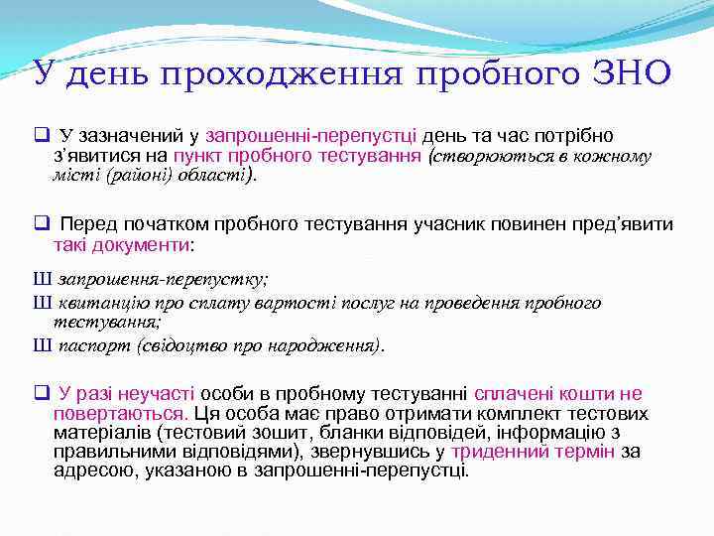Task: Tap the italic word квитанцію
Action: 102,304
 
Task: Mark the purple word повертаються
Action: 120,413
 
